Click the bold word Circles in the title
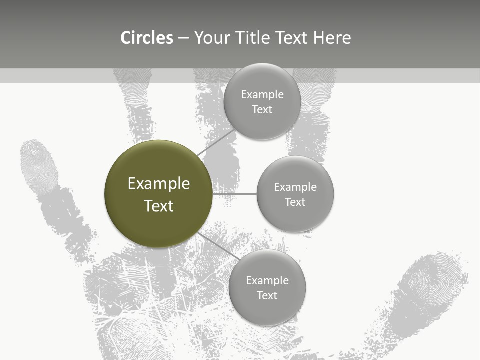tap(147, 38)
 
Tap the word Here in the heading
tap(332, 38)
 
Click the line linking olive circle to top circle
tap(216, 142)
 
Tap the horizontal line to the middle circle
tap(235, 194)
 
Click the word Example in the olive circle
tap(159, 184)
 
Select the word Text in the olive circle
tap(159, 206)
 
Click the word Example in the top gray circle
tap(262, 95)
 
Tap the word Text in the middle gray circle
tap(295, 202)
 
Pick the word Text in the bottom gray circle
tap(267, 295)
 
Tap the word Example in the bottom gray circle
tap(267, 280)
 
